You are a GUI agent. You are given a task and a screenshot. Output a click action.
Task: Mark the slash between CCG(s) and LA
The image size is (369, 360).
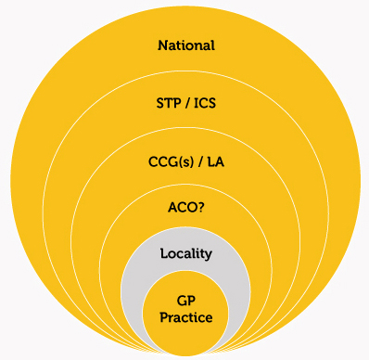coord(200,163)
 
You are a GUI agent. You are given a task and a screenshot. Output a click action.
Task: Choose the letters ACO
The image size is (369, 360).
coord(182,211)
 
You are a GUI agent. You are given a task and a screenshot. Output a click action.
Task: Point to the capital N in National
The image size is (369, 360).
coord(163,45)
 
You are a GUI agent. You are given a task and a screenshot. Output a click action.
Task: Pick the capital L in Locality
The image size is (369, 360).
coord(163,252)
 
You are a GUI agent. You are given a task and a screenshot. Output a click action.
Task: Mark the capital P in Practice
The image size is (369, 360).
coord(163,317)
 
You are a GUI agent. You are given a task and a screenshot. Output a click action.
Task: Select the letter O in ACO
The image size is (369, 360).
coord(192,211)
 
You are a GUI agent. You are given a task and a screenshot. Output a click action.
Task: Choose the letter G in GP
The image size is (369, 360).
coord(182,300)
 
